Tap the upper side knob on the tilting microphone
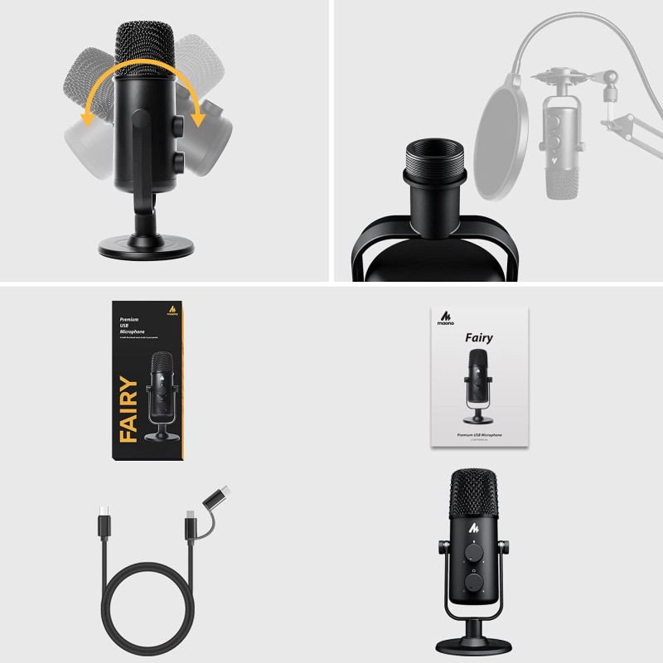(x=179, y=123)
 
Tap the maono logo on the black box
(x=172, y=311)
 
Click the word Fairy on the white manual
(x=478, y=337)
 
